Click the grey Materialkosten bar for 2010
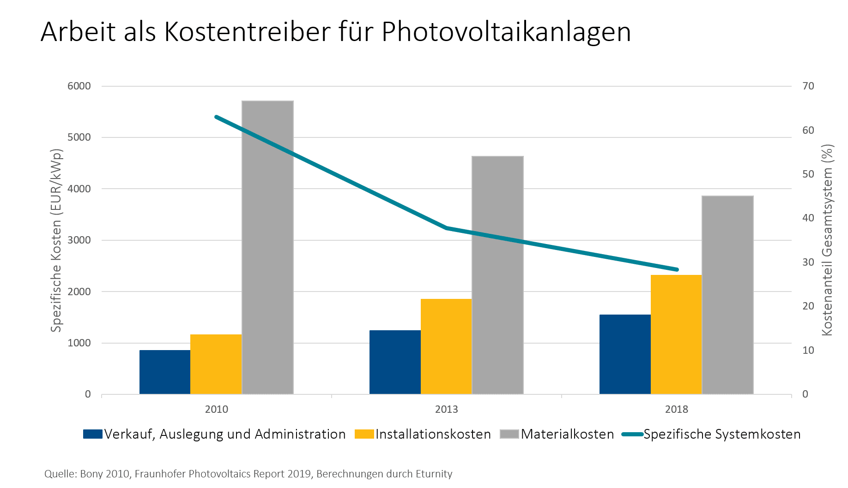[267, 247]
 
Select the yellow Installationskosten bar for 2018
[676, 334]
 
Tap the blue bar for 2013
[395, 362]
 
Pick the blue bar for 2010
[165, 372]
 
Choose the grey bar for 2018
[727, 295]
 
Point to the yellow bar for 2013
[446, 346]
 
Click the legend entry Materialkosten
[567, 434]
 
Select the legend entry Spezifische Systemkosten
[721, 434]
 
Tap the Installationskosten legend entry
[432, 434]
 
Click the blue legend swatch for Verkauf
[92, 434]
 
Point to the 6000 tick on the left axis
[79, 86]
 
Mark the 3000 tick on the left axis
[79, 240]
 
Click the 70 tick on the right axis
[808, 86]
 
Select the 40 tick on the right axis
[808, 218]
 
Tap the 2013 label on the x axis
[447, 409]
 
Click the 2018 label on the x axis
[677, 409]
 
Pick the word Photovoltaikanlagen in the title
[506, 32]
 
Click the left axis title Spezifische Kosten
[57, 240]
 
